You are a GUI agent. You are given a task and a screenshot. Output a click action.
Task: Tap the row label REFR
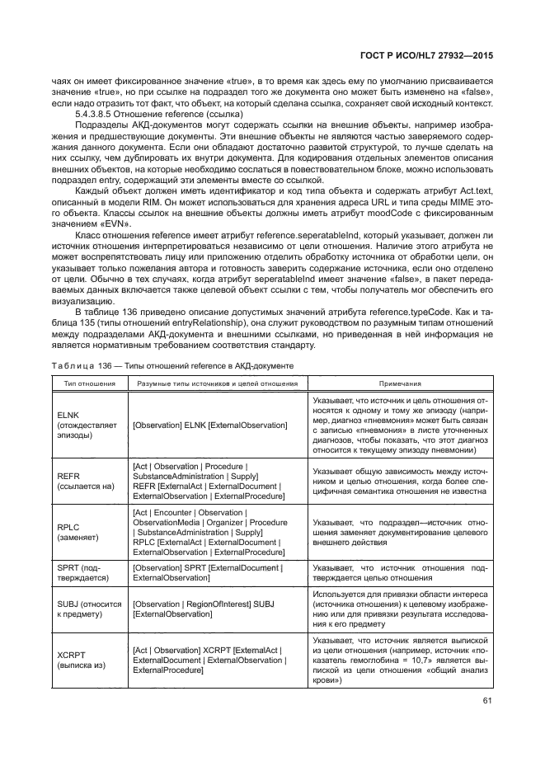click(x=68, y=477)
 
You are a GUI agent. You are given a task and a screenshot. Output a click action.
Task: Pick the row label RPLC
click(x=68, y=529)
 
